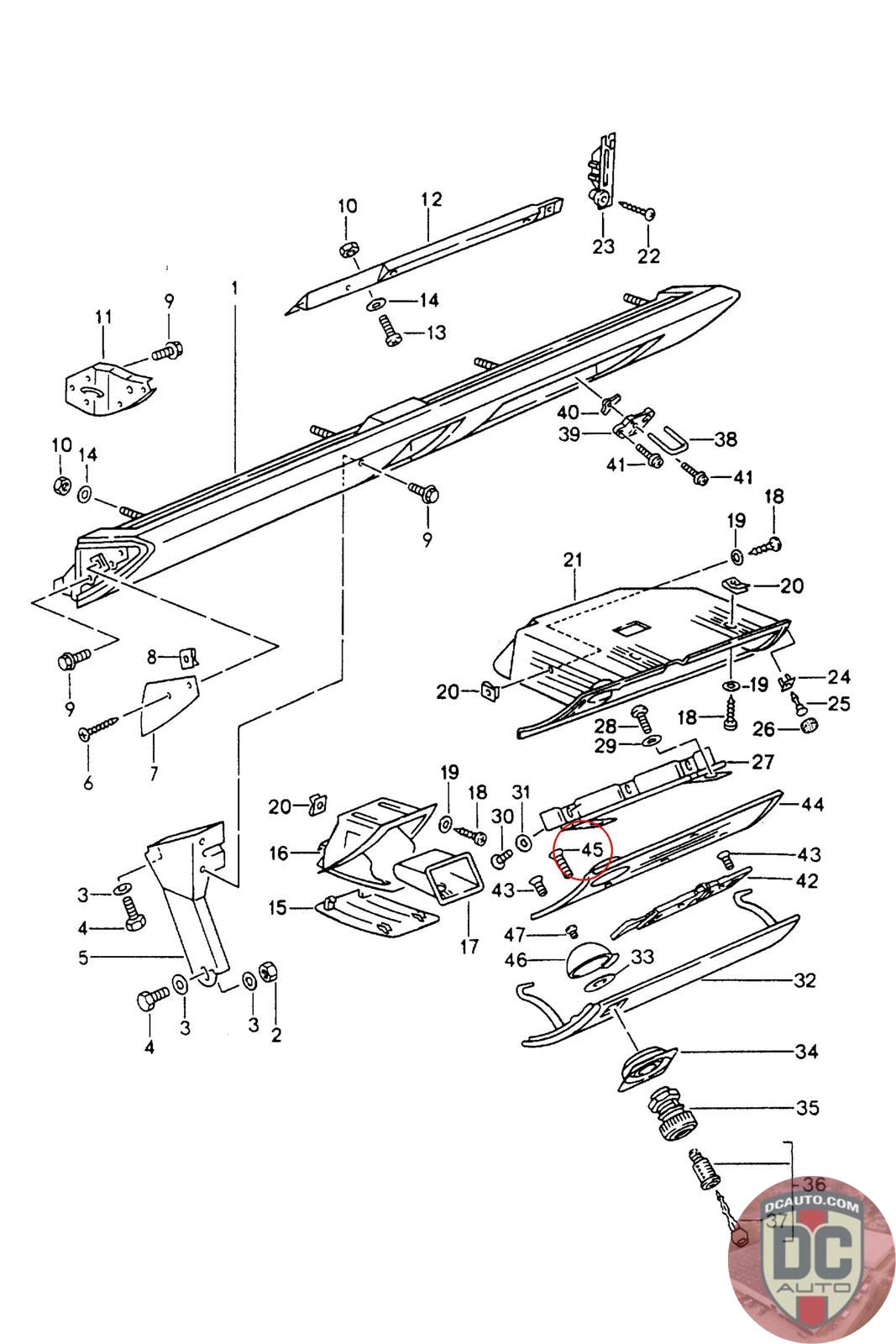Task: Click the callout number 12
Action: pos(431,200)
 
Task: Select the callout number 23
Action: pos(603,246)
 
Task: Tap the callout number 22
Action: pos(649,255)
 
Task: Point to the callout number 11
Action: pos(103,317)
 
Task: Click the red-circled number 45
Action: pos(592,851)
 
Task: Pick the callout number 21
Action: pos(574,560)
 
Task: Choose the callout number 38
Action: pos(725,438)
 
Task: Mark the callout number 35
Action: pos(807,1108)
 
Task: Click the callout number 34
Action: pos(807,1051)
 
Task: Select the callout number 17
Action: pos(469,947)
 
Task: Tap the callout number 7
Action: pos(154,773)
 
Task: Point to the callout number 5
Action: pos(83,957)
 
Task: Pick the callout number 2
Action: pos(275,1035)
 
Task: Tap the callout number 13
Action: pos(436,333)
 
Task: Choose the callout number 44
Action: pos(813,804)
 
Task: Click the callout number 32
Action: pos(804,980)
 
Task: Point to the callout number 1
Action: pos(235,287)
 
